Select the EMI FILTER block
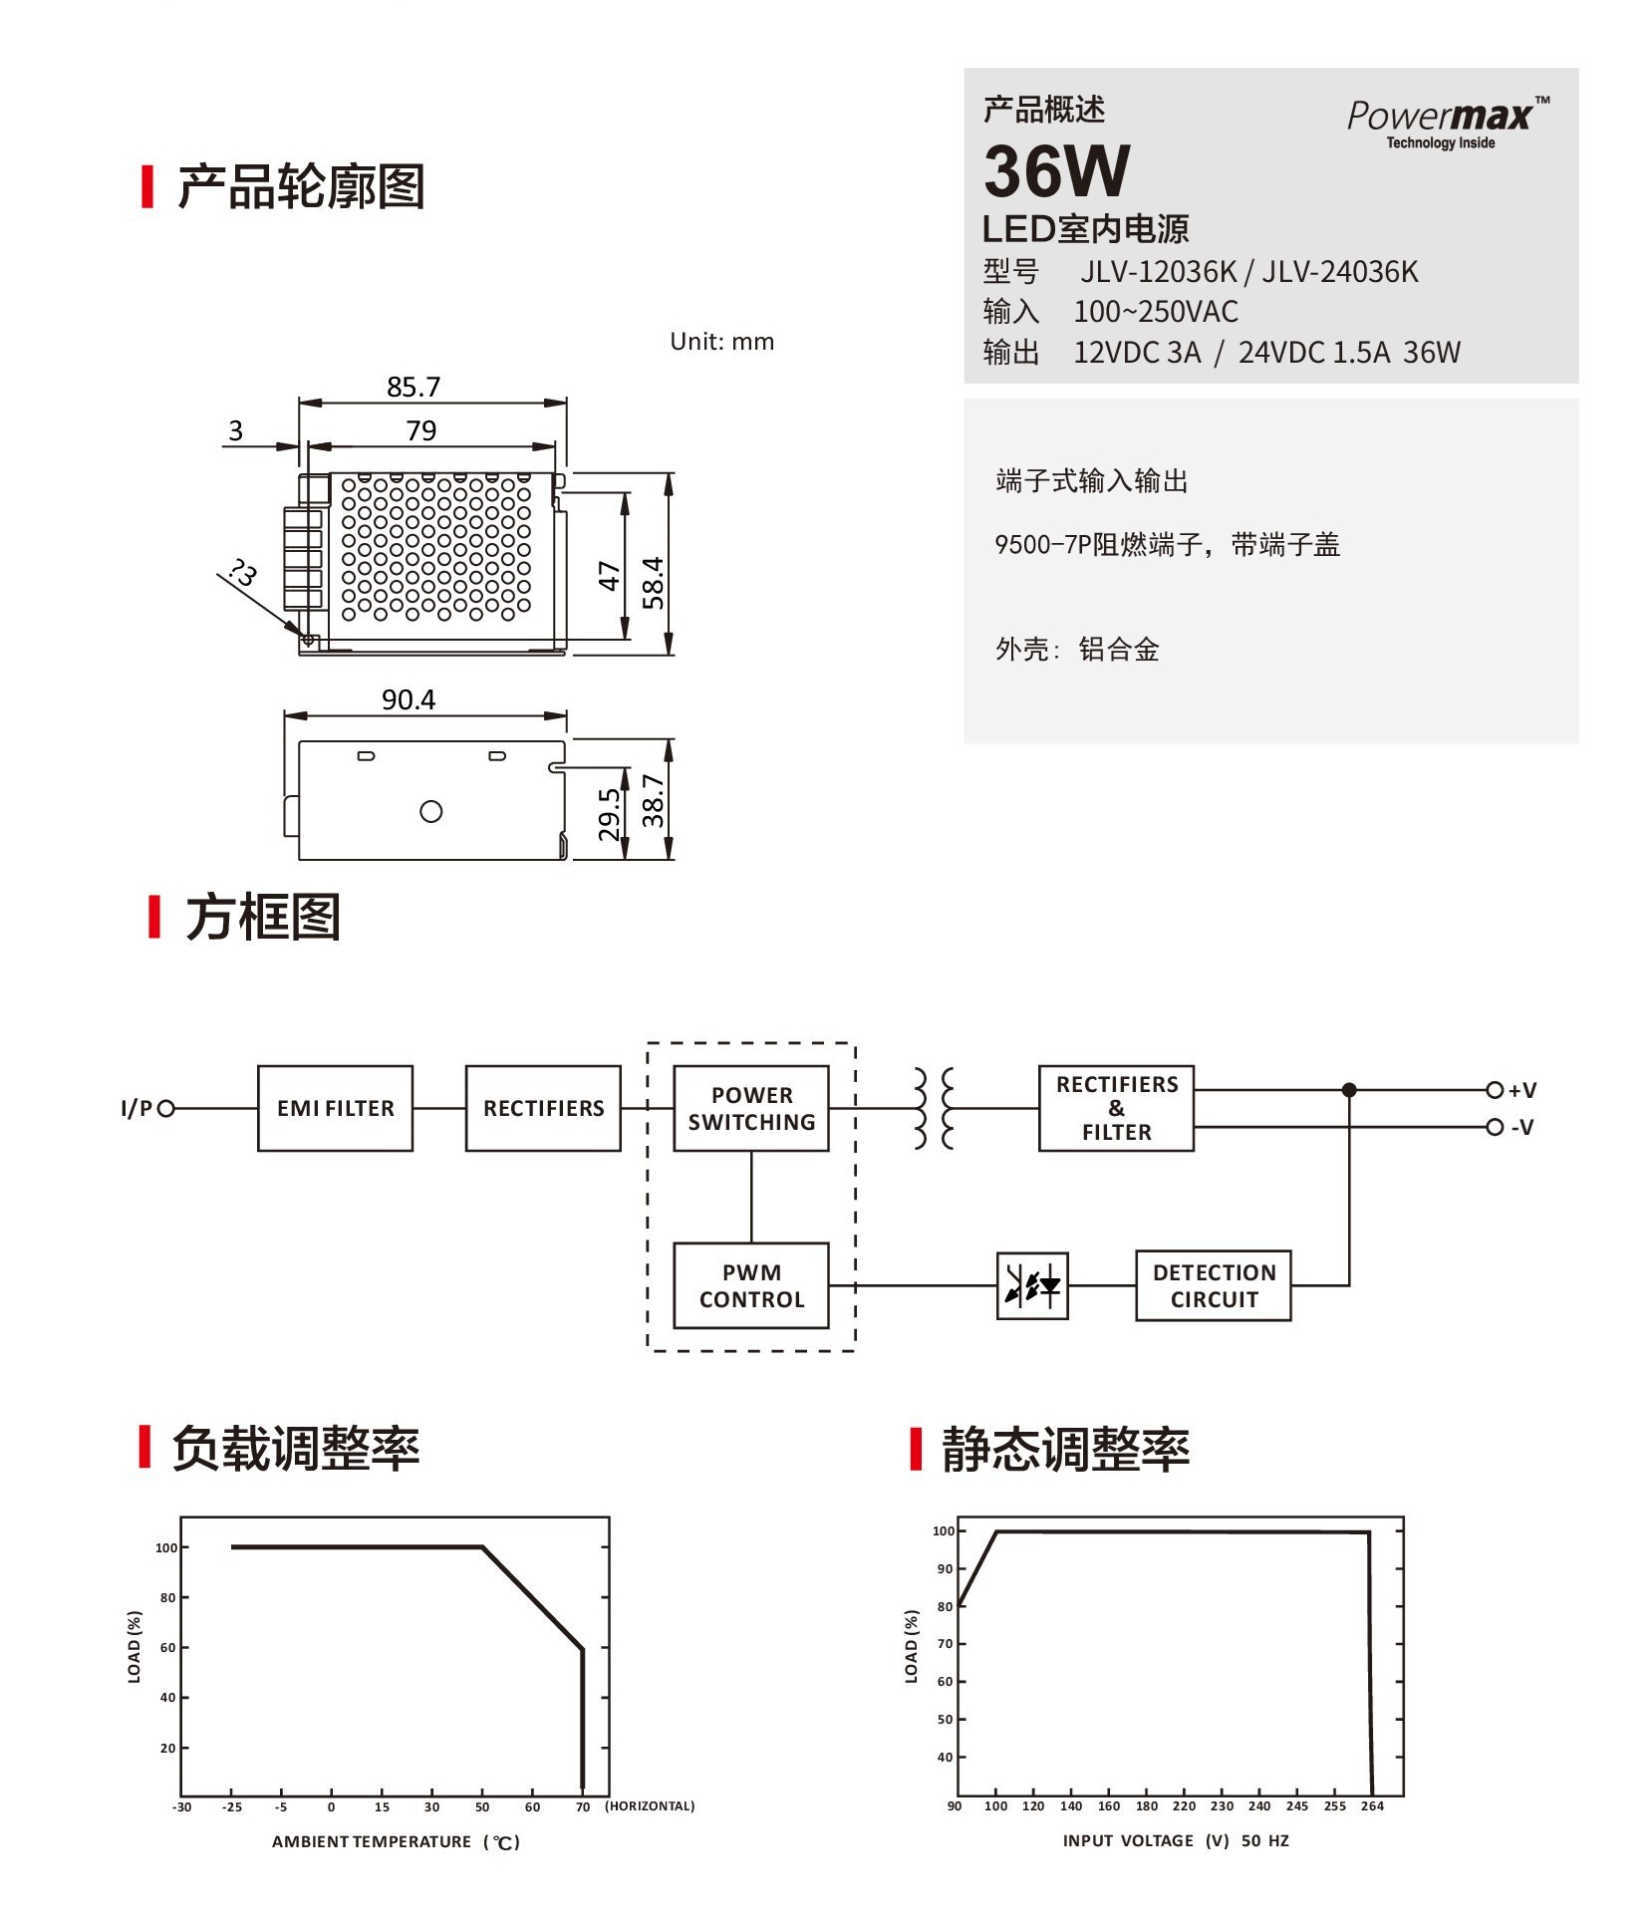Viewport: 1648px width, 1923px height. (335, 1108)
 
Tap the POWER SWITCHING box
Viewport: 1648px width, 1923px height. (751, 1108)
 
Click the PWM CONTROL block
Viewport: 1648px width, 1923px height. (751, 1285)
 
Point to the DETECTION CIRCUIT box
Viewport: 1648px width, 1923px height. (1213, 1285)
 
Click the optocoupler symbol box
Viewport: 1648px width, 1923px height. (1032, 1285)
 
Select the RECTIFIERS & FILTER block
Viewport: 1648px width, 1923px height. (1116, 1108)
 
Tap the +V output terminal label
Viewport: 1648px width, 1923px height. (1521, 1090)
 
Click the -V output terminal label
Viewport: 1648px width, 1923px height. (1521, 1127)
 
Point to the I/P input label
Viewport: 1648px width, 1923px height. (137, 1108)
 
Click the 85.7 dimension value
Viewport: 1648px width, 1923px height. (413, 387)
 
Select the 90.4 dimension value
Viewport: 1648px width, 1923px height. (409, 699)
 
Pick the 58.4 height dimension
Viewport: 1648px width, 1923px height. (653, 582)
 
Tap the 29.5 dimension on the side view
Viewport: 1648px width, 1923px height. (609, 814)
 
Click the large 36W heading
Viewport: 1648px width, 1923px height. (1057, 171)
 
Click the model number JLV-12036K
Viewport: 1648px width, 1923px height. (1158, 272)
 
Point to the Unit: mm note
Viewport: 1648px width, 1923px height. (721, 342)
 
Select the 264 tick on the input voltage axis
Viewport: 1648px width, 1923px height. (1372, 1805)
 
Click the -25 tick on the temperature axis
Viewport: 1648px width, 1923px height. (231, 1806)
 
